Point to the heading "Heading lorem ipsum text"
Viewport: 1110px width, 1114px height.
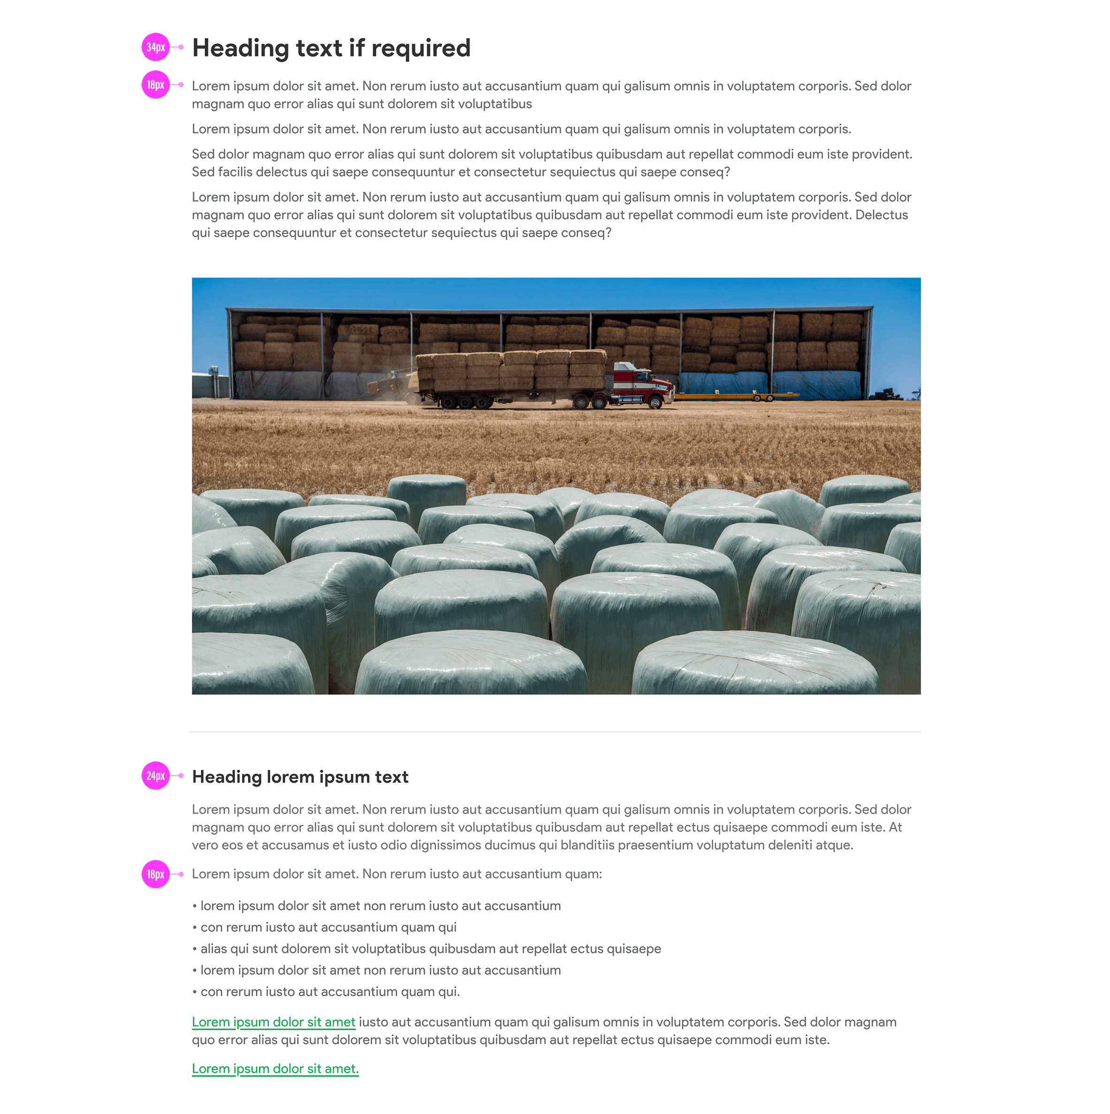[300, 777]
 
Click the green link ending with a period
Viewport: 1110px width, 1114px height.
[275, 1069]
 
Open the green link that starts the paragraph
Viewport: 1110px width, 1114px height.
[273, 1022]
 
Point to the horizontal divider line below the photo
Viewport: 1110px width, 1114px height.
[555, 732]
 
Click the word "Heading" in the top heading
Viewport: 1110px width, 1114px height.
[240, 48]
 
